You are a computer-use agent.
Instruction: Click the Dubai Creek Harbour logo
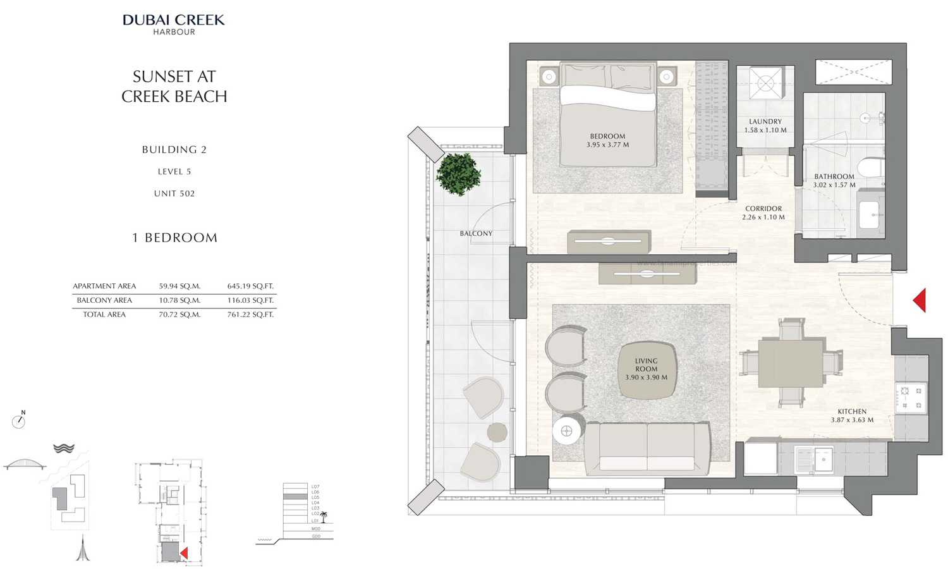tap(174, 24)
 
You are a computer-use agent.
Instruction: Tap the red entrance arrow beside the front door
tap(920, 300)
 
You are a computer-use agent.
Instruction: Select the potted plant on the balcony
tap(458, 173)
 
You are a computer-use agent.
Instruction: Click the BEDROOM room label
tap(607, 136)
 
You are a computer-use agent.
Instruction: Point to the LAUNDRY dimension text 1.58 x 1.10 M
tap(765, 130)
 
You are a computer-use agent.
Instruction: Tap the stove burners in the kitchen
tap(911, 398)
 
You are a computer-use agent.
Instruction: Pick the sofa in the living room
tap(647, 448)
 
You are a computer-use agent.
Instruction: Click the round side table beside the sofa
tap(566, 431)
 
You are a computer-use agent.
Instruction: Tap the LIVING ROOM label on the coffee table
tap(646, 365)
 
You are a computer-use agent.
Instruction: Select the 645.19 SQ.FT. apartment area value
tap(250, 286)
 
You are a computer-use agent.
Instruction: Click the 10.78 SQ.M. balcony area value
tap(179, 300)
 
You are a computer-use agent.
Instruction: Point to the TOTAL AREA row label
tap(104, 314)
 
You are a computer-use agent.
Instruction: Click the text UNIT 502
tap(174, 193)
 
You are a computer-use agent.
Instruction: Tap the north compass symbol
tap(19, 420)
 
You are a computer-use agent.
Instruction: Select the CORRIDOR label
tap(763, 209)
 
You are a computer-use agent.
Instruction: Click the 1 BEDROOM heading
tap(174, 238)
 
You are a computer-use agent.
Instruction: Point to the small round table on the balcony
tap(497, 432)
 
